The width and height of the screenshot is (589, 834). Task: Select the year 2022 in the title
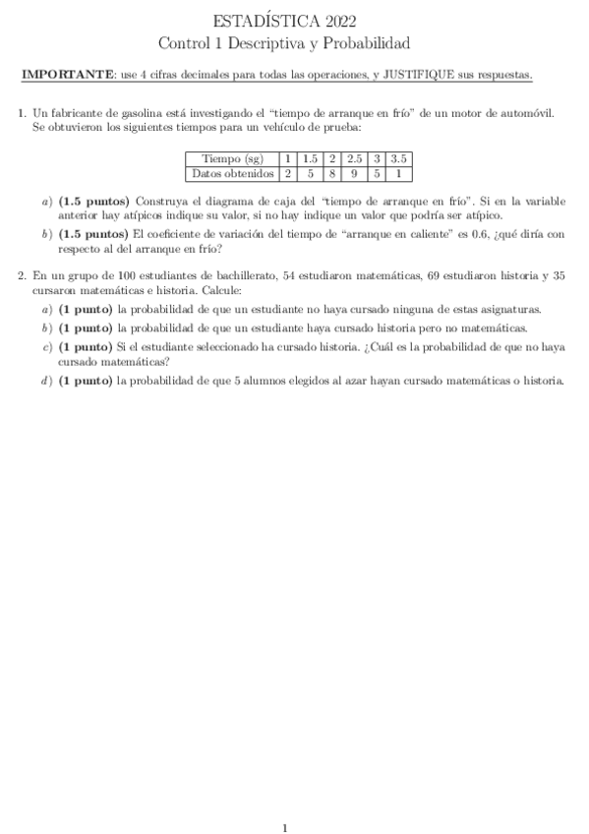(338, 22)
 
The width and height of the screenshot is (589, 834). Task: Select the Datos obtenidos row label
(232, 173)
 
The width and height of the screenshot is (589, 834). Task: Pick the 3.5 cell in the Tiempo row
(399, 158)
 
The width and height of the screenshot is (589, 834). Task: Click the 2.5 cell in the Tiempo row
(355, 158)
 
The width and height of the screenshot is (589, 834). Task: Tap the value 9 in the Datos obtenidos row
(355, 173)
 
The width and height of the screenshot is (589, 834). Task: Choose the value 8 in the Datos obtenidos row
(332, 173)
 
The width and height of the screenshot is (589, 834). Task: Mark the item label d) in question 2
(47, 382)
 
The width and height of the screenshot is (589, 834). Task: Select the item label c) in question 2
(47, 347)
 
